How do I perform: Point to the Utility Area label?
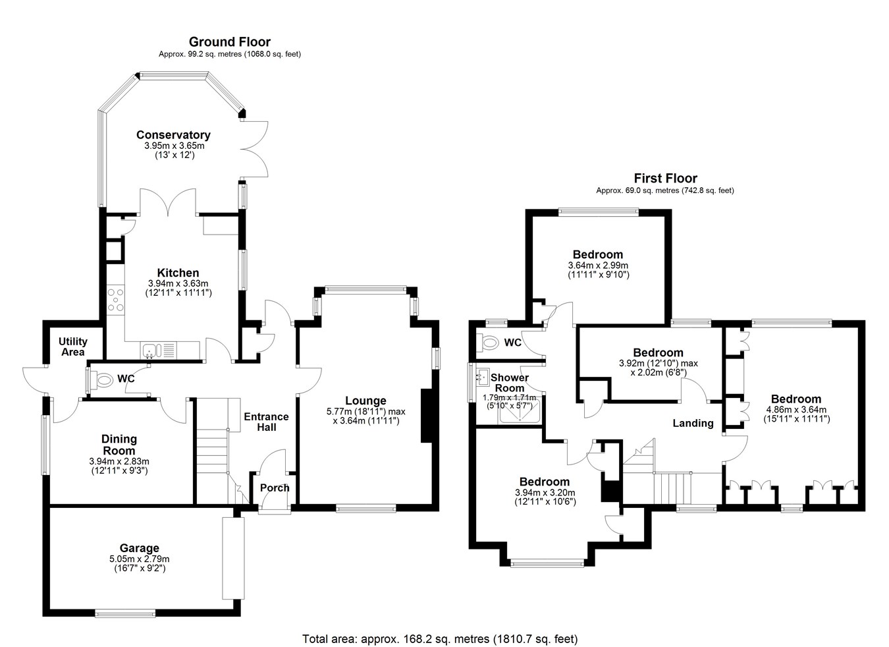coord(72,347)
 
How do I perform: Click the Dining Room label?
coord(119,445)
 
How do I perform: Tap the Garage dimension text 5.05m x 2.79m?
coord(139,559)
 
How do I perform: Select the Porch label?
coord(275,488)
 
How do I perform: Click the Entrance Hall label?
coord(266,422)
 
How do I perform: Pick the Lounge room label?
coord(365,401)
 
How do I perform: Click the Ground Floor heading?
coord(229,42)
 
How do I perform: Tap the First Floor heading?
coord(665,178)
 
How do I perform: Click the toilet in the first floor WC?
coord(490,343)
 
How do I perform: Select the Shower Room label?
coord(510,383)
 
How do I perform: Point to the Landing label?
coord(693,423)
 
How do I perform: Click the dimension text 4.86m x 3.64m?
coord(795,409)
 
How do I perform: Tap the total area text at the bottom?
coord(439,638)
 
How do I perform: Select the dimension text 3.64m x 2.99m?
coord(597,266)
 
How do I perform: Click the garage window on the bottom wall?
coord(126,614)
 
